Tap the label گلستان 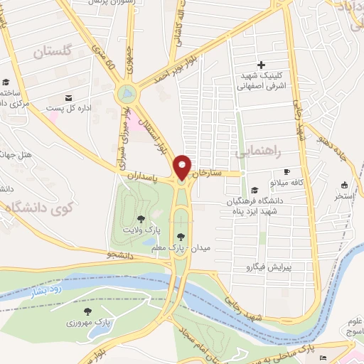[x=53, y=51]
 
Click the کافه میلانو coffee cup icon [x=287, y=171]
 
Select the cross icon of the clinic [x=262, y=65]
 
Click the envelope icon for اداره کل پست [x=68, y=97]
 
